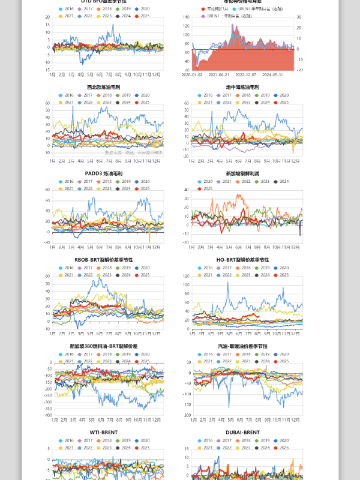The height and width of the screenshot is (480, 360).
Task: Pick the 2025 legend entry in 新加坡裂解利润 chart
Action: tap(208, 189)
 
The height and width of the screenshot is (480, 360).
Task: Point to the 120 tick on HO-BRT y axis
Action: tap(185, 277)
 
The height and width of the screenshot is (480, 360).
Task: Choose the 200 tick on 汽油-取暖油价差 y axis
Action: tap(185, 415)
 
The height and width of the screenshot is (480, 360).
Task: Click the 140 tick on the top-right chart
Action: tap(185, 17)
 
